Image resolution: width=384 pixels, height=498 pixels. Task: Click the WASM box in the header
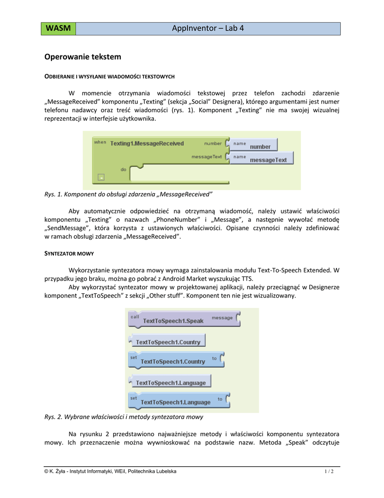pos(58,29)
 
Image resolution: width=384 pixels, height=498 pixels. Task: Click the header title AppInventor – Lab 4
pos(208,29)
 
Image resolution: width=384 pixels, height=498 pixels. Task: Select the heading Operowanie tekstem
pos(83,57)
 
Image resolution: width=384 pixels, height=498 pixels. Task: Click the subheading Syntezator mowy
pos(69,254)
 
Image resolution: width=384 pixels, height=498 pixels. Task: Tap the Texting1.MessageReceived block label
pos(147,143)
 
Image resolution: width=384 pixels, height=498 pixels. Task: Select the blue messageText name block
pos(262,159)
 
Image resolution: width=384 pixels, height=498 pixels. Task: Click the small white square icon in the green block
pos(100,177)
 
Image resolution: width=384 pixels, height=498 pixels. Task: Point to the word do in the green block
pos(123,169)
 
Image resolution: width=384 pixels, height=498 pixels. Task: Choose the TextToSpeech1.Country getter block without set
pos(167,341)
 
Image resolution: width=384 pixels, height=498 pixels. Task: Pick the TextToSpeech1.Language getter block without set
pos(170,382)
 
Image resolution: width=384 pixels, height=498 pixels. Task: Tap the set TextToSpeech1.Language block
pos(175,401)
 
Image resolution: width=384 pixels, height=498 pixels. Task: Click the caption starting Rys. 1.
pos(128,195)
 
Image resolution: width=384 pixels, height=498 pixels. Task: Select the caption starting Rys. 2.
pos(123,417)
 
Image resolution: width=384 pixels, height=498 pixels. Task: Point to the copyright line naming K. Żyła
pos(110,472)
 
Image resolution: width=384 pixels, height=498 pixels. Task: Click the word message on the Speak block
pos(222,318)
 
